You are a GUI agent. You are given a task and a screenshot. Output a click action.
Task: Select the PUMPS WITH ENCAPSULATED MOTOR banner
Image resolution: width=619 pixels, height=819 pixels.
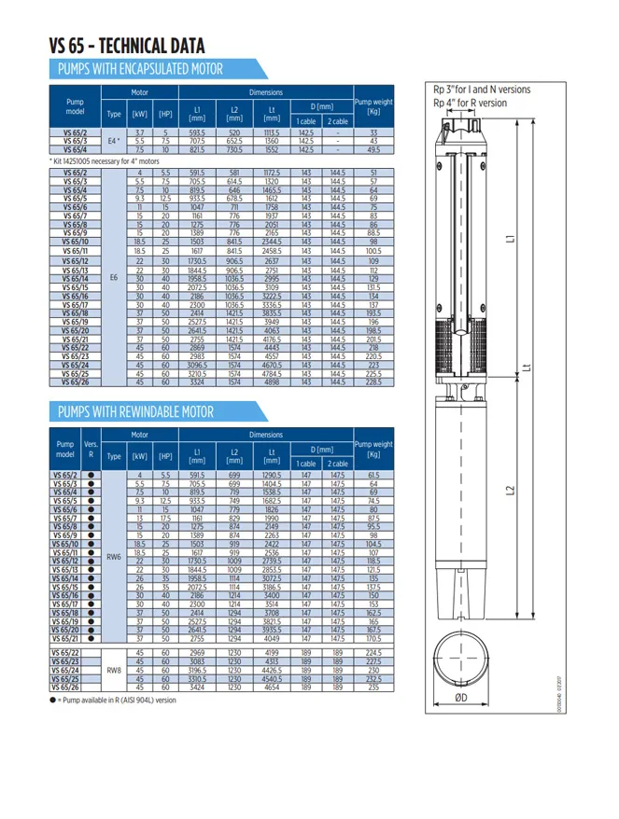tap(140, 69)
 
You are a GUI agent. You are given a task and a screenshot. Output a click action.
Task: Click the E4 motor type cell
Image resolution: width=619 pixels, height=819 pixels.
tap(114, 141)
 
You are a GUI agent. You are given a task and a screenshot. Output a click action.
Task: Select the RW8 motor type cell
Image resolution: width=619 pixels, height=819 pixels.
tap(114, 670)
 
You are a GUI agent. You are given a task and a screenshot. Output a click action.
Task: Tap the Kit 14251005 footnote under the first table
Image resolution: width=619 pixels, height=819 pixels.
tap(112, 161)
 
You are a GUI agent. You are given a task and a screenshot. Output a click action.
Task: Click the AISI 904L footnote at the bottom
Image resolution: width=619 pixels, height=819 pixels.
tap(116, 700)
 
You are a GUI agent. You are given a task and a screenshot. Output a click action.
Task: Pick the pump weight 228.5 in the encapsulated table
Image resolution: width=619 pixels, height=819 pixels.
tap(373, 382)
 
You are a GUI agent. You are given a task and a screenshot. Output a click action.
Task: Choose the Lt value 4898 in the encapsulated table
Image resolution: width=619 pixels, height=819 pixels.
tap(272, 382)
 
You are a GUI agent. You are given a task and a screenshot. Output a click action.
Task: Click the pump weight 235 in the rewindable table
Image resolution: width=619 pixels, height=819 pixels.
tap(373, 687)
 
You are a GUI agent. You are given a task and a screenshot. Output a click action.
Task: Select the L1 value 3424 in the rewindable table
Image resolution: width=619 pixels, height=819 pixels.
tap(197, 687)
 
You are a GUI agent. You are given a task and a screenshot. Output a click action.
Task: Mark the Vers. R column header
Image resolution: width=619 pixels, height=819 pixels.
tap(91, 450)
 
